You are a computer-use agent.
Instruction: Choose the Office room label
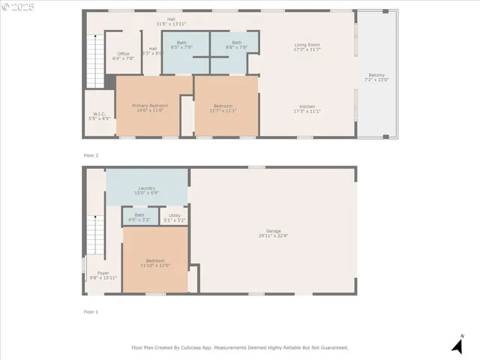pos(123,55)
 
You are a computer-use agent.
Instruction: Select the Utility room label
pos(173,217)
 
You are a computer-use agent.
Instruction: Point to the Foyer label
pos(103,274)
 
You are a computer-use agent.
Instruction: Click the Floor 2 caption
pos(91,155)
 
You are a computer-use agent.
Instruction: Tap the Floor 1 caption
pos(91,311)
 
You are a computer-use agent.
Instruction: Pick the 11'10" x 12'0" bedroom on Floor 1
pos(155,262)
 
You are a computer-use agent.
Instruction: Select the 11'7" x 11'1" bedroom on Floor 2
pos(224,108)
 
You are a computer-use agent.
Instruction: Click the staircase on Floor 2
pos(96,60)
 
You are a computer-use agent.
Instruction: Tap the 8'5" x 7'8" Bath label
pos(181,45)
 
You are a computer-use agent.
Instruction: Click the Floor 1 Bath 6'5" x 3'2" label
pos(139,217)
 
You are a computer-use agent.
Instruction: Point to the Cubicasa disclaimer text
pos(240,348)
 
